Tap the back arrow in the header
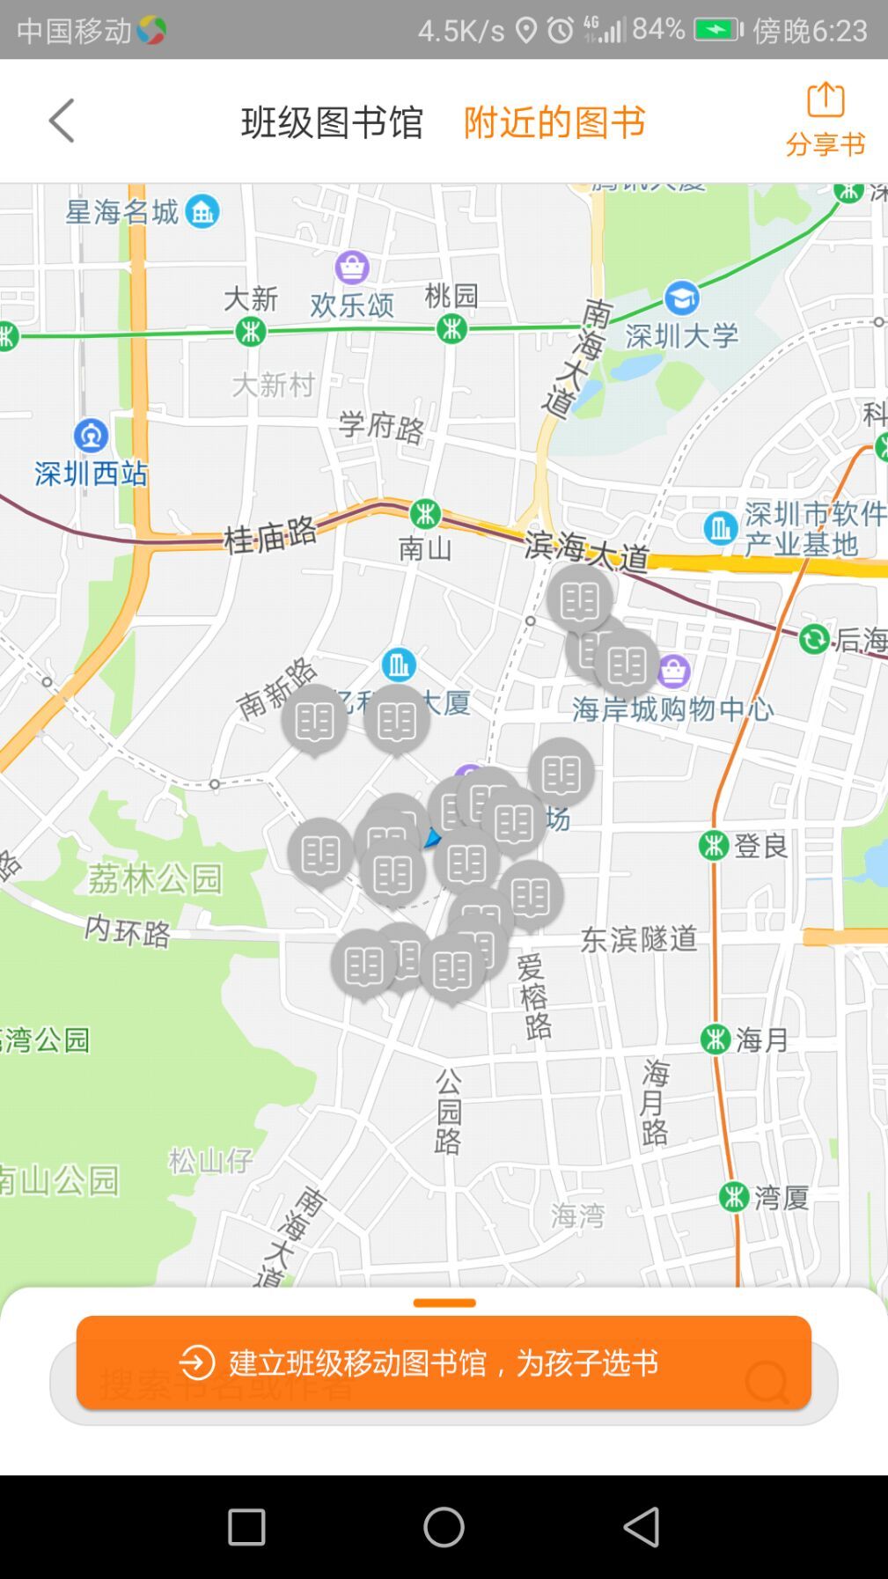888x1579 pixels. point(62,121)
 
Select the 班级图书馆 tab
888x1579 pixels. point(332,121)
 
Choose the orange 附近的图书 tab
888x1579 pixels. point(554,121)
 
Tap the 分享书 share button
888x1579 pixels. point(825,120)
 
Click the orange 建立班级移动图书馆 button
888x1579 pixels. point(444,1362)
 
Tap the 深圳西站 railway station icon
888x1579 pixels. point(91,435)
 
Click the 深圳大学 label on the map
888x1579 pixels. point(681,335)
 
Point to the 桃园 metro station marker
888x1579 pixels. point(452,329)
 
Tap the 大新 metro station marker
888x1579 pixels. point(251,331)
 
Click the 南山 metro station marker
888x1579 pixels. point(425,513)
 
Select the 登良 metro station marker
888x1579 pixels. point(714,845)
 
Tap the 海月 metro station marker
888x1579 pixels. point(716,1039)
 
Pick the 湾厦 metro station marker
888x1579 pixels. point(734,1196)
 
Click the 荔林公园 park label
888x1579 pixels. point(155,878)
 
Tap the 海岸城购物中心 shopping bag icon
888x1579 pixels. point(673,672)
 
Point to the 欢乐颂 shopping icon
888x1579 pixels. point(352,267)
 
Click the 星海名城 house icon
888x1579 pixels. point(202,211)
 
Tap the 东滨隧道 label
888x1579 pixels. point(638,938)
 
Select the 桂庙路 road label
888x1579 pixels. point(269,534)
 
